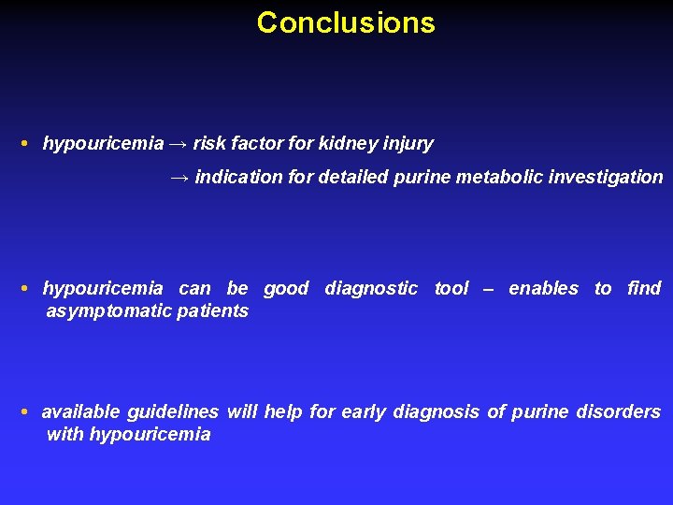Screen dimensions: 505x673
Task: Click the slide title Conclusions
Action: click(x=346, y=22)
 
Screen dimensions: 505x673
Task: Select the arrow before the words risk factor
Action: click(x=179, y=144)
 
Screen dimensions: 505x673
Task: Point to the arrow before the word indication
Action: click(x=179, y=177)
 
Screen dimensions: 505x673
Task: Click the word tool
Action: click(x=451, y=289)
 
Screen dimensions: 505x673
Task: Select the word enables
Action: click(x=543, y=289)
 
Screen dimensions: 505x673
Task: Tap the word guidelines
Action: click(x=173, y=412)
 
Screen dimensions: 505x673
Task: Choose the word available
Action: click(x=81, y=412)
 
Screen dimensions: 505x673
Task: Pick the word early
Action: click(x=364, y=412)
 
